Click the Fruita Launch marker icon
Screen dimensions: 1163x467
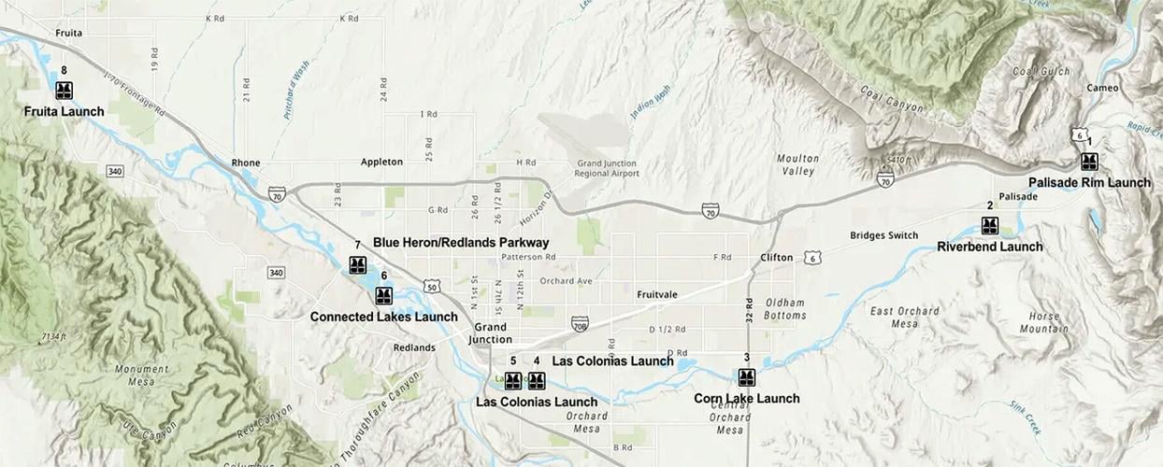click(64, 91)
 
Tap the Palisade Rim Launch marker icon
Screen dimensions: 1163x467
click(1089, 162)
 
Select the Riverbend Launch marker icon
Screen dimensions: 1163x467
click(990, 225)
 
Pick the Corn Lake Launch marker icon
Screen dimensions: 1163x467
click(747, 377)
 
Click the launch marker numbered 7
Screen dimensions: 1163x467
click(357, 265)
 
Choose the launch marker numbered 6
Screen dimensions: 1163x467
click(383, 296)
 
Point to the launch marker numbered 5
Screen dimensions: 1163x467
click(513, 381)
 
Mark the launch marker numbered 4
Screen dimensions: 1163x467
click(537, 381)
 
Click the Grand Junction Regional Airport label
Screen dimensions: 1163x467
click(608, 168)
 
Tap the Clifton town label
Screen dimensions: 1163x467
click(777, 258)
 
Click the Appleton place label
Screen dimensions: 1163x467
click(381, 162)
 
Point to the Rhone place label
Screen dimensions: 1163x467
click(246, 163)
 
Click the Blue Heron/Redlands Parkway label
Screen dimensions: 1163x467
click(461, 243)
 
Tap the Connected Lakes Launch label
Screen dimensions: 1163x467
click(384, 317)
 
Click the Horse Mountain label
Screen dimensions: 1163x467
click(1044, 322)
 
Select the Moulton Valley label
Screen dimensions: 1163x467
click(798, 164)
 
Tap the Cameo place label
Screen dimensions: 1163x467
click(1102, 88)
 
